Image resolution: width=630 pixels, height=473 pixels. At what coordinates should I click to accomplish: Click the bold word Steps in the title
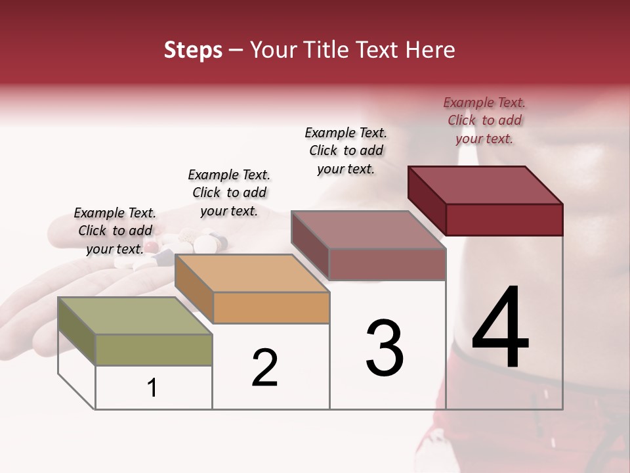pos(193,50)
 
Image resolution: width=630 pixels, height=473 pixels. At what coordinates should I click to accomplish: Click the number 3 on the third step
pos(385,348)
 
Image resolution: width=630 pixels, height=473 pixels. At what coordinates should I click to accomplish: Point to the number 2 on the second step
pos(265,368)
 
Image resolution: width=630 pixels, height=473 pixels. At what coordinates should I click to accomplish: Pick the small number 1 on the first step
pos(152,388)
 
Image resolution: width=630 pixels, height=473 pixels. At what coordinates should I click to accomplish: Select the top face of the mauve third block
pos(367,230)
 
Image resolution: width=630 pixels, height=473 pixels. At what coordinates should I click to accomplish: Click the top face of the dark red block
pos(486,185)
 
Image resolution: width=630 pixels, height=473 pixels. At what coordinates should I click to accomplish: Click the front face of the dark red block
pos(504,219)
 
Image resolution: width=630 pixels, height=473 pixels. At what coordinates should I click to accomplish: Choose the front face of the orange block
pos(271,307)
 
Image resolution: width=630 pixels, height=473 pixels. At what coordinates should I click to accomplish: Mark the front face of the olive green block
pos(154,349)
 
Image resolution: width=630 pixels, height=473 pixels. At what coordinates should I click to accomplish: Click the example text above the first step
pos(115,231)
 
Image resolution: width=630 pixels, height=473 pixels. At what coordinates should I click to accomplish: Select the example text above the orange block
pos(229,192)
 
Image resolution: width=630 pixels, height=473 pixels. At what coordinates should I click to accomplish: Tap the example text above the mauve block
pos(346,150)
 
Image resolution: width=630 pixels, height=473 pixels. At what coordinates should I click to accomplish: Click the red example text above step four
pos(484,120)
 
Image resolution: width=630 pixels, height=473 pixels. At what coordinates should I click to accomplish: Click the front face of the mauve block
pos(387,265)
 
